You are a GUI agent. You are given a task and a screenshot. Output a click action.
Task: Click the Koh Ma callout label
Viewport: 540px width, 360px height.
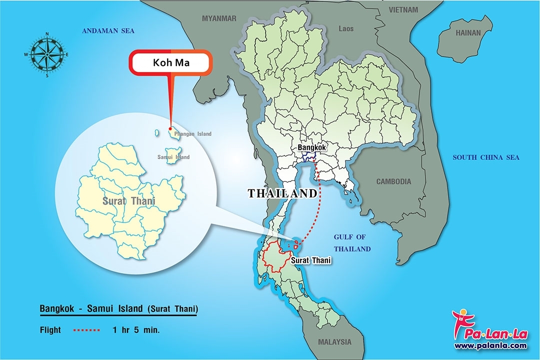171,63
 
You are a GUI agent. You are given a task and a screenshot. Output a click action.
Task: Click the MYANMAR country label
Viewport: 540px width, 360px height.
218,18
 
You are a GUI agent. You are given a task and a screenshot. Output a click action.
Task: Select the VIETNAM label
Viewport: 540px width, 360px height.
403,9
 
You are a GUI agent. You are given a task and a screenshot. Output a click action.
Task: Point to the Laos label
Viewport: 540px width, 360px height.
346,28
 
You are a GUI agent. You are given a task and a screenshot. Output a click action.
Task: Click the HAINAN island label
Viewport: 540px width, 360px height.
467,33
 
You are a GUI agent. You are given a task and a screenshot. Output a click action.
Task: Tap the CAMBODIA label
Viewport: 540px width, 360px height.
393,181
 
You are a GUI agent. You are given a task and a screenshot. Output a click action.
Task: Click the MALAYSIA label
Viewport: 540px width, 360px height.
334,342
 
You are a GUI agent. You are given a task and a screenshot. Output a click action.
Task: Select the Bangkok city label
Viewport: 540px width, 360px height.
311,148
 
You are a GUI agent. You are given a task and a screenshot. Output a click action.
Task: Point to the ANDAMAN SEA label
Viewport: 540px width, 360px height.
108,31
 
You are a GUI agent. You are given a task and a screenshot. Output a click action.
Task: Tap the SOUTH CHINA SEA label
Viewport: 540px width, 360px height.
486,157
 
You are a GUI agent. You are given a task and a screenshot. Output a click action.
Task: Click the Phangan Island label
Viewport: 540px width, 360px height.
192,134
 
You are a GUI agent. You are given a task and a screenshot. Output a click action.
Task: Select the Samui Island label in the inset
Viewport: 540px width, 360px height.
173,157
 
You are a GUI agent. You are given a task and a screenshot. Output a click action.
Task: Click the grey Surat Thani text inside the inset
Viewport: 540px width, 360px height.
128,201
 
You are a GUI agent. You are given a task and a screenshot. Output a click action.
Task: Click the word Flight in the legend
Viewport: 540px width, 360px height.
50,330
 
